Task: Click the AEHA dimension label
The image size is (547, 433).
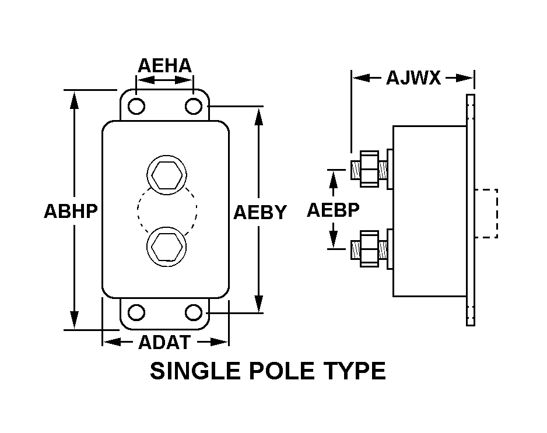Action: [164, 66]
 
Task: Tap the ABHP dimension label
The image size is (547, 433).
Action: [71, 210]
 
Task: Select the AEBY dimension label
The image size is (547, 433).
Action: [260, 212]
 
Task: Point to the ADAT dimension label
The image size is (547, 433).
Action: [164, 342]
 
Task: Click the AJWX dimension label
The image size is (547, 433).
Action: [413, 78]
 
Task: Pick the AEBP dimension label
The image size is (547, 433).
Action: [333, 210]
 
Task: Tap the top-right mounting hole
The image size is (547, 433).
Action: [192, 107]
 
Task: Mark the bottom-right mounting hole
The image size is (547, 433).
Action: [192, 312]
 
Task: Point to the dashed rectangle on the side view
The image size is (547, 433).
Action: [486, 213]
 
